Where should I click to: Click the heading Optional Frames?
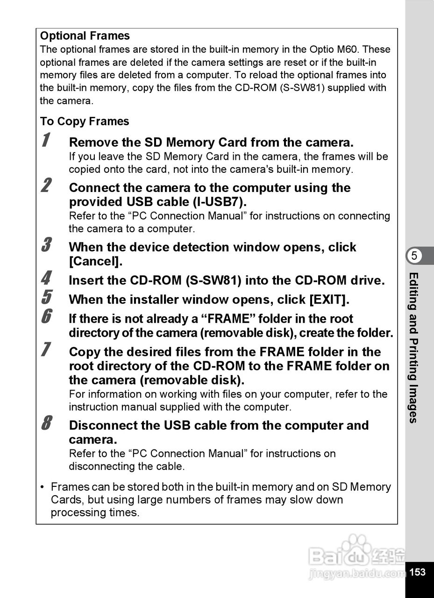[x=85, y=36]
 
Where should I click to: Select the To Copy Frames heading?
[x=84, y=121]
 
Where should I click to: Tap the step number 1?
[x=45, y=140]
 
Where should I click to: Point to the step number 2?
[x=46, y=185]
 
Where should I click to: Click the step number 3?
[x=46, y=245]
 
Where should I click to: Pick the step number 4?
[x=46, y=278]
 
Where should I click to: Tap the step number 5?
[x=46, y=297]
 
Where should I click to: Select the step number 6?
[x=46, y=317]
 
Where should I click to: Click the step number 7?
[x=46, y=350]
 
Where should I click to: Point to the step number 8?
[x=46, y=424]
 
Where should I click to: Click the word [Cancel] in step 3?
[x=95, y=262]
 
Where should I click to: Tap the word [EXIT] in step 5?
[x=329, y=299]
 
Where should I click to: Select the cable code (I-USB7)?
[x=219, y=202]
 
